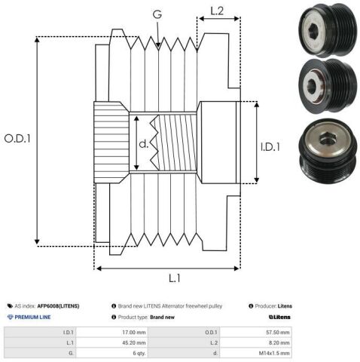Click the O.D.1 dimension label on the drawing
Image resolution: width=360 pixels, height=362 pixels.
[17, 139]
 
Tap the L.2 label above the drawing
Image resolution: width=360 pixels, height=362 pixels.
[217, 11]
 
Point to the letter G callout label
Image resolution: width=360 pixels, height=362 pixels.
[157, 14]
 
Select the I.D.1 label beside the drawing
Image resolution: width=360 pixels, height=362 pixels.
[270, 147]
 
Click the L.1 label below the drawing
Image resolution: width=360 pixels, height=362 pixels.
[175, 278]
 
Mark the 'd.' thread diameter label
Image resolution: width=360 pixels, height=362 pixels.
[144, 143]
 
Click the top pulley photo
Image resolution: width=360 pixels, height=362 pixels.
[328, 30]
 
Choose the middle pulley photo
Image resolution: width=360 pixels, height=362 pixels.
[328, 87]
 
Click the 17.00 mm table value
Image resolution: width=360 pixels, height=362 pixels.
[134, 333]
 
